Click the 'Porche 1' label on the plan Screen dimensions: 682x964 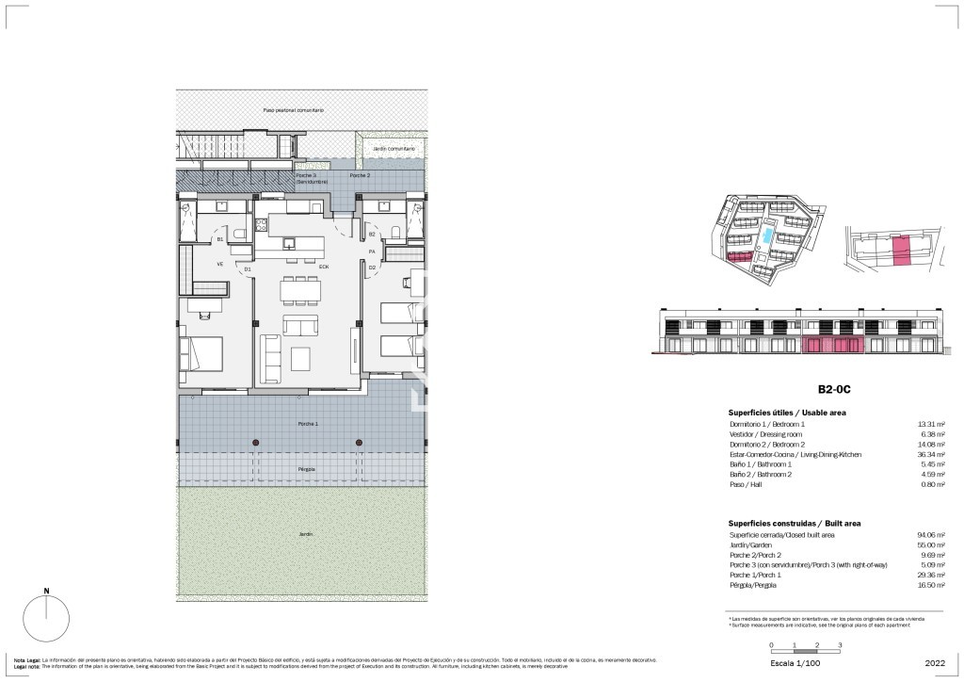308,424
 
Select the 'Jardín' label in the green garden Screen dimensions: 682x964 306,534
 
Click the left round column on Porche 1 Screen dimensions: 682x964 255,442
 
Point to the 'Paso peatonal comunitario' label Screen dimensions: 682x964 294,110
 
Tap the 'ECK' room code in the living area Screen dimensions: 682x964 323,268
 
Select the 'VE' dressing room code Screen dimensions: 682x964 220,264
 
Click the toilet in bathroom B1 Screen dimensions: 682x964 239,235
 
